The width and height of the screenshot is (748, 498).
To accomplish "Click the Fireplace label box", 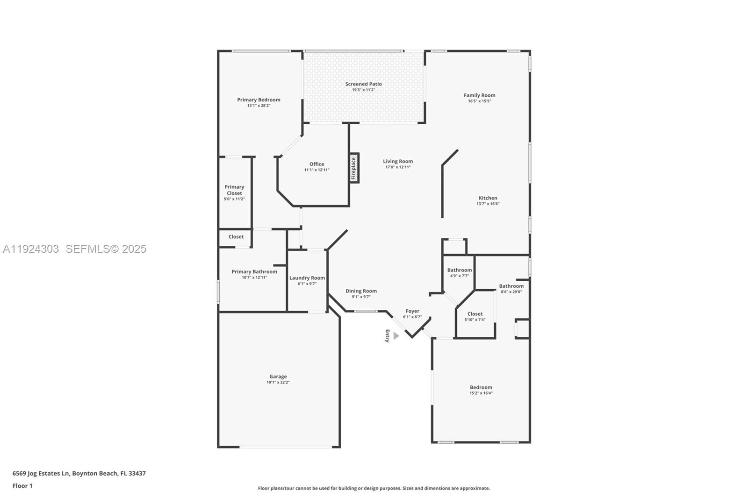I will point(354,168).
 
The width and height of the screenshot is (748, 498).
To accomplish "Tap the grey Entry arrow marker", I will point(396,336).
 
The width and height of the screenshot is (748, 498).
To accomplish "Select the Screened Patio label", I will point(363,84).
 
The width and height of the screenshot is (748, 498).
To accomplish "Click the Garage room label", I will point(278,377).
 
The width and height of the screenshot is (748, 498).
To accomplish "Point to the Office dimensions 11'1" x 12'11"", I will point(316,170).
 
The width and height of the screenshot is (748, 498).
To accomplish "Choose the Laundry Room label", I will point(307,278).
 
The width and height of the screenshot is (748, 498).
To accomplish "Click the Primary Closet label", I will point(234,190).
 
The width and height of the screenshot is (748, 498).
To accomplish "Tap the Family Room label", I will point(479,95).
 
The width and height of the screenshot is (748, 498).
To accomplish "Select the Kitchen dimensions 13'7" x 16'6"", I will point(488,204).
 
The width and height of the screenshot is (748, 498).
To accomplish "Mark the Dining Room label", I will point(361,291).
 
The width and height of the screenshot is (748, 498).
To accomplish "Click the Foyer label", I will point(412,311).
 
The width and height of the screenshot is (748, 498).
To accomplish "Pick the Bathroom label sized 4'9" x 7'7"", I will point(459,270).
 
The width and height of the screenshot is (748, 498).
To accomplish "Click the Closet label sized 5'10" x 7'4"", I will point(475,314).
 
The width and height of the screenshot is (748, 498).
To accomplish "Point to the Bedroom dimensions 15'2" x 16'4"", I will point(481,393).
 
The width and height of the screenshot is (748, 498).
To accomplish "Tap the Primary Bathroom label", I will point(254,272).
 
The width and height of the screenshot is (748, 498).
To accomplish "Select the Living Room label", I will point(398,162).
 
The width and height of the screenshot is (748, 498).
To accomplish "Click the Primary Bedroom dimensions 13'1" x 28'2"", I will point(259,106).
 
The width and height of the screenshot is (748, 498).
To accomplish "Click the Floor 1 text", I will point(22,486).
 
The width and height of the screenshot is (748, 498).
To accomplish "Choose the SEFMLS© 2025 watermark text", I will point(106,249).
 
